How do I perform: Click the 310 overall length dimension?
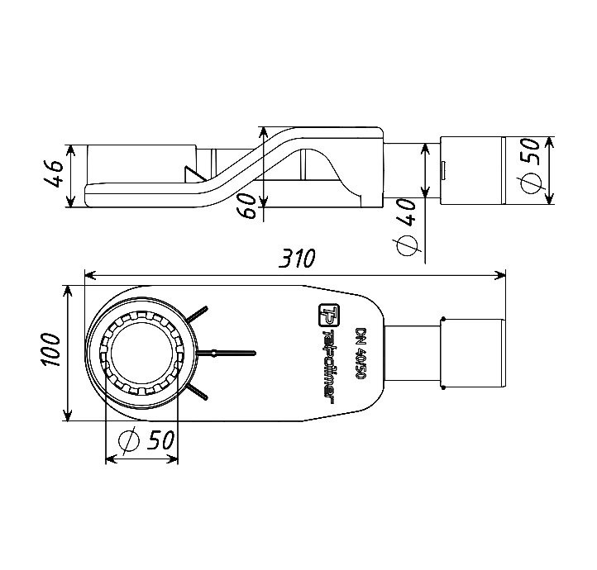pos(295,259)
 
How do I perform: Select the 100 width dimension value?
pos(50,353)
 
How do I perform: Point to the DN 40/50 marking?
pos(361,354)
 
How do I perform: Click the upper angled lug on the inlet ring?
pos(198,315)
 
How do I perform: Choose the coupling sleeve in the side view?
pos(472,171)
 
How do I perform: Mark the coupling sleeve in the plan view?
pos(474,353)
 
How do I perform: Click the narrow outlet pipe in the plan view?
pos(413,353)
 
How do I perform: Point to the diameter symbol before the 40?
pos(407,245)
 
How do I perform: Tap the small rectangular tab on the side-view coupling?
pos(444,171)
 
